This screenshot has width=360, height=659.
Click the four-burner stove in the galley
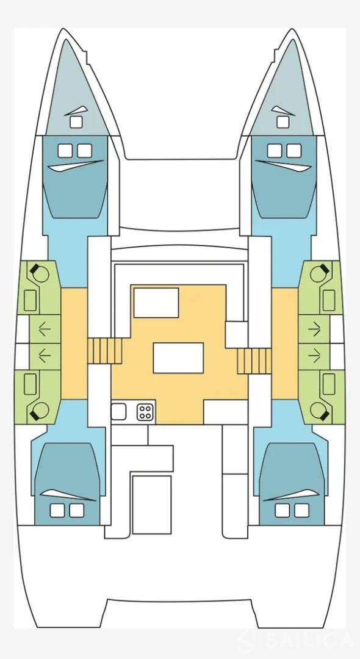pos(145,412)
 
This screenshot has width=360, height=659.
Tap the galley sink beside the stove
pos(118,411)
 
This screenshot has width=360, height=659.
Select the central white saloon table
pos(178,358)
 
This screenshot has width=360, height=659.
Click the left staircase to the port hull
pos(104,351)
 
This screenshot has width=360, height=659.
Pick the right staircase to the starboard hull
pos(254,361)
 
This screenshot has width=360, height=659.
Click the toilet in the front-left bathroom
pos(38,273)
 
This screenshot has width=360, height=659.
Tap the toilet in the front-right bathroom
pos(320,273)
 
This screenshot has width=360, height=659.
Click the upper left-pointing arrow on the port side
pos(45,329)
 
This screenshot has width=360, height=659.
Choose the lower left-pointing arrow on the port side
pos(45,356)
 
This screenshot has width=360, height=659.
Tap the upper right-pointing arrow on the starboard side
pos(314,329)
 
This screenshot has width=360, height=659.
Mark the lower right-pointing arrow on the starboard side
pos(314,356)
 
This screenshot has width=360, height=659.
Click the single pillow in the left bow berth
pos(76,122)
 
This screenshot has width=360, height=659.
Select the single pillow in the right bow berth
pos(283,122)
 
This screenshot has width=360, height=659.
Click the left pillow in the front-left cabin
pos(65,151)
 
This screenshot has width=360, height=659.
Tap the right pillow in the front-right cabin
pos(294,151)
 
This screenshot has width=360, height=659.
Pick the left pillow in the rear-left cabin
pos(57,510)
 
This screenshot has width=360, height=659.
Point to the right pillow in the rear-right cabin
pos(301,510)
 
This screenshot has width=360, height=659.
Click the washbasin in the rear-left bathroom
pos(30,384)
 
